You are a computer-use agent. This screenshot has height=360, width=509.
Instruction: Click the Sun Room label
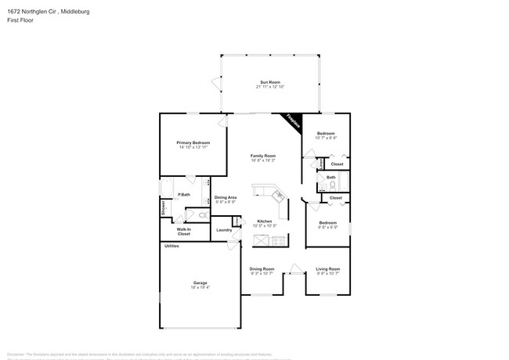tap(269, 82)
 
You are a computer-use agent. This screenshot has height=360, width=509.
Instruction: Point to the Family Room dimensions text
tap(262, 160)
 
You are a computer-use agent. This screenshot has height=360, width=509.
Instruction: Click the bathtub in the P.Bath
tap(166, 187)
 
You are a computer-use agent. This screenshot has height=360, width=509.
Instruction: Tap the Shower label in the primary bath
tap(163, 210)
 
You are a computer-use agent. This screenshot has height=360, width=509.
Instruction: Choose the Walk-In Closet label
tap(184, 232)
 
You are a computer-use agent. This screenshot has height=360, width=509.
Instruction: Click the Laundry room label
tap(224, 229)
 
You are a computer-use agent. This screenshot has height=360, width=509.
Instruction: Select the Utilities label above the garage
tap(171, 246)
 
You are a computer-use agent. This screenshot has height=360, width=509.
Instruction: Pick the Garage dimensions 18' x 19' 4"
tap(200, 287)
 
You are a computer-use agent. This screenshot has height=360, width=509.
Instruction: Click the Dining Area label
tap(226, 197)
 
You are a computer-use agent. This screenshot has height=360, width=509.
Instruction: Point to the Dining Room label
tap(262, 268)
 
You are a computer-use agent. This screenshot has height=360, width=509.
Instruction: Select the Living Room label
tap(327, 268)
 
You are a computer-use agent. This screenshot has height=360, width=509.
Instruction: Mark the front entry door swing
tap(294, 268)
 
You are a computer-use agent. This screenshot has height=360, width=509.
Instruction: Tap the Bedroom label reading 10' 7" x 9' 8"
tap(326, 134)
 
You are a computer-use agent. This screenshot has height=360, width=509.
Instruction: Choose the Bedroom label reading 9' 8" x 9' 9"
tap(327, 223)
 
